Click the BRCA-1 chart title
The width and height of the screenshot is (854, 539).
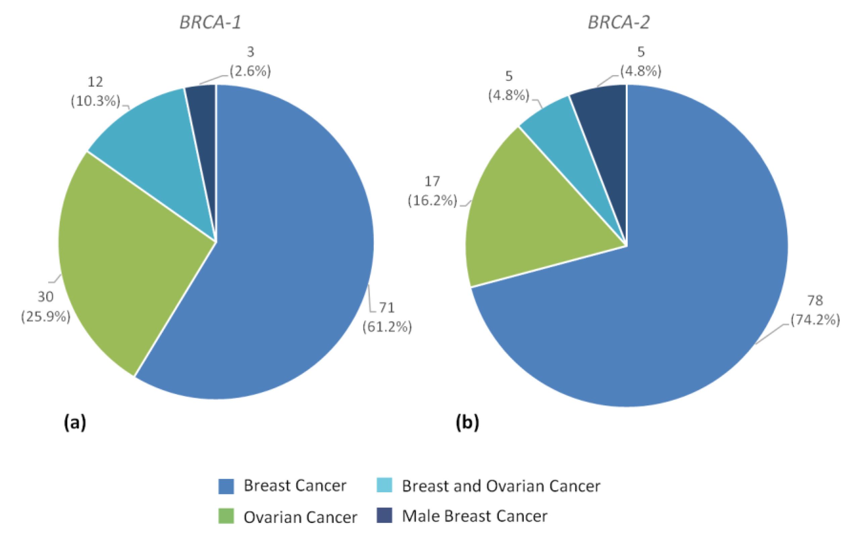pyautogui.click(x=210, y=23)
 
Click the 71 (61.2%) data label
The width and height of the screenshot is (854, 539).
pyautogui.click(x=387, y=317)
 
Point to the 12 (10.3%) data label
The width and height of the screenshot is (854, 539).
pyautogui.click(x=95, y=92)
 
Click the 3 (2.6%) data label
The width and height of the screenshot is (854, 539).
pyautogui.click(x=250, y=62)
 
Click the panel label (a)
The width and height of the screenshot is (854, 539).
pyautogui.click(x=75, y=422)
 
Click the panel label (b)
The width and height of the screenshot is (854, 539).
pyautogui.click(x=467, y=422)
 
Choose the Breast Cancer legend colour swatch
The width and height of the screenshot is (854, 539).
pyautogui.click(x=226, y=486)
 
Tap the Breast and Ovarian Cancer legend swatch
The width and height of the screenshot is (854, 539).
pyautogui.click(x=384, y=485)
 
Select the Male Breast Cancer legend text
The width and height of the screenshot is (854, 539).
pyautogui.click(x=475, y=516)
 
